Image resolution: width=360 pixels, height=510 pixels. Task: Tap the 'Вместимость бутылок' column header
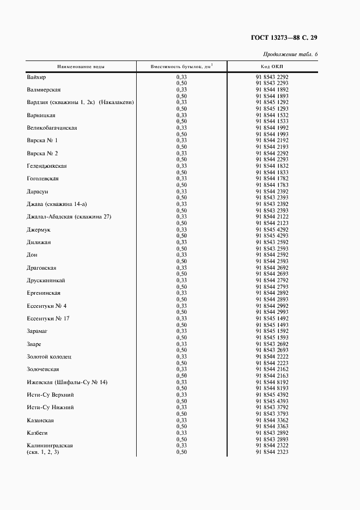coord(181,66)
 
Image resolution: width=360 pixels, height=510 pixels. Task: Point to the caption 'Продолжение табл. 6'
coord(290,54)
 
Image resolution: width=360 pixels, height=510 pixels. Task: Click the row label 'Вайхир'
coord(36,77)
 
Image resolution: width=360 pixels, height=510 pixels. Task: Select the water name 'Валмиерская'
coord(44,90)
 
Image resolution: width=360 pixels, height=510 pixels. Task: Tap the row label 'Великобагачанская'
coord(52,128)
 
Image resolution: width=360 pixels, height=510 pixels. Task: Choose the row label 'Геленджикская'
coord(47,166)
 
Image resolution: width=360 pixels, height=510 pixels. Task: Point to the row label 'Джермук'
coord(39,229)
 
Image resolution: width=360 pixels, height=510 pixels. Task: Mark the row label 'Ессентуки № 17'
coord(48,318)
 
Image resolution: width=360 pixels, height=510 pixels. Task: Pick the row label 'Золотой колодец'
coord(49,356)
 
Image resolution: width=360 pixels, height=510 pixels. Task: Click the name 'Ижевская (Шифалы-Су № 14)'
coord(67,382)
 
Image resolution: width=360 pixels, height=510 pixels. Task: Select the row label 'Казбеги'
coord(38,433)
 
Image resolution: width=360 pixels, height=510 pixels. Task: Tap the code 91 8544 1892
coord(272,90)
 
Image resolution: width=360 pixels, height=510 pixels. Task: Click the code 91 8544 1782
coord(272,179)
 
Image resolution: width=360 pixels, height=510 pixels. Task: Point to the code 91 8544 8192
coord(272,382)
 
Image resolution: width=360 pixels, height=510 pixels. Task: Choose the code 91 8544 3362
coord(272,420)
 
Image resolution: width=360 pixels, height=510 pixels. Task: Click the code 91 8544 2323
coord(272,452)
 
